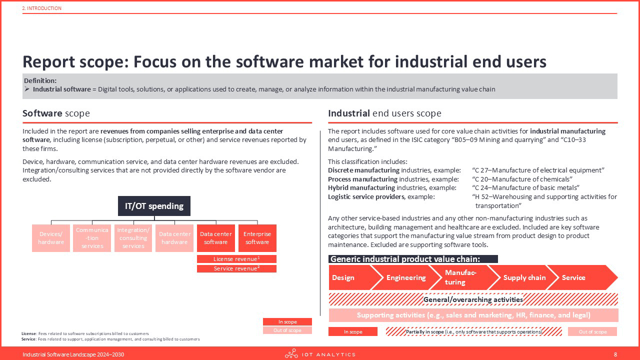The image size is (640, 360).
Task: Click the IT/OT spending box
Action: coord(154,205)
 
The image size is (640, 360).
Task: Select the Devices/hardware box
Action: coord(51,238)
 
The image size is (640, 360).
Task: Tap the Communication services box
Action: coord(92,238)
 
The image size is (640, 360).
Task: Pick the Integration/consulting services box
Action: coord(133,238)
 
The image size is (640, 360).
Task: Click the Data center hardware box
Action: coord(174,238)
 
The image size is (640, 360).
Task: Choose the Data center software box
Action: coord(215,238)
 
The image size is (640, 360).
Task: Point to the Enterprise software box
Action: coord(257,238)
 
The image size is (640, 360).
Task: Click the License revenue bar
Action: coord(236,259)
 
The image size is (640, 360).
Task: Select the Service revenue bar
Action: coord(236,268)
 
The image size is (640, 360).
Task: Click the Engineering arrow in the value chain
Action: coord(405,277)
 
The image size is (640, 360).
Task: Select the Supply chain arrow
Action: coord(523,277)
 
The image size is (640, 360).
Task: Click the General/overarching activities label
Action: coord(473,299)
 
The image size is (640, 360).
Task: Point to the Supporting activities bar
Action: coord(473,315)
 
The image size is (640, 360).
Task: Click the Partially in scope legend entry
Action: coord(473,331)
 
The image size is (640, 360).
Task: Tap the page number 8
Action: coord(615,354)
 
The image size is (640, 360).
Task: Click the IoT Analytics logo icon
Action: coord(291,353)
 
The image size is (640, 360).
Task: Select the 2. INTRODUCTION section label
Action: coord(41,8)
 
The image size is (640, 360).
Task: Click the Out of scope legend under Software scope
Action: coord(287,330)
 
